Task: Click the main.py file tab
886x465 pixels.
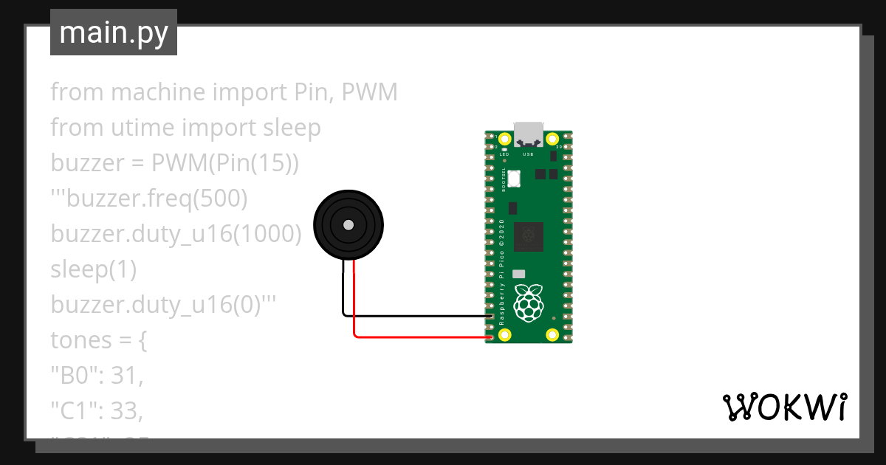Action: coord(114,32)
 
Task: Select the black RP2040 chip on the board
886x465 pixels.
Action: coord(529,235)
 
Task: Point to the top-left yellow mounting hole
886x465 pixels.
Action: coord(505,139)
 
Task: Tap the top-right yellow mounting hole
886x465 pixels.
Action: coord(552,139)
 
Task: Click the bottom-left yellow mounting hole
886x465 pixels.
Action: coord(505,335)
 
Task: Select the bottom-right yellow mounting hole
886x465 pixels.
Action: coord(552,335)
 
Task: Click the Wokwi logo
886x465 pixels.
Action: coord(784,407)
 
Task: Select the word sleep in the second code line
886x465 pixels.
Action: coord(292,128)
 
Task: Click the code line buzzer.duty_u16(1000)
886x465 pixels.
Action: coord(176,234)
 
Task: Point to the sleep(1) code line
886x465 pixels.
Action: coord(94,269)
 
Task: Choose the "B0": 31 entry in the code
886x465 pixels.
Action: coord(96,376)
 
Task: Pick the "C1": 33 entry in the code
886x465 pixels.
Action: coord(96,410)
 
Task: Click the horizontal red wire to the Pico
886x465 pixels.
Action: coord(421,337)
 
